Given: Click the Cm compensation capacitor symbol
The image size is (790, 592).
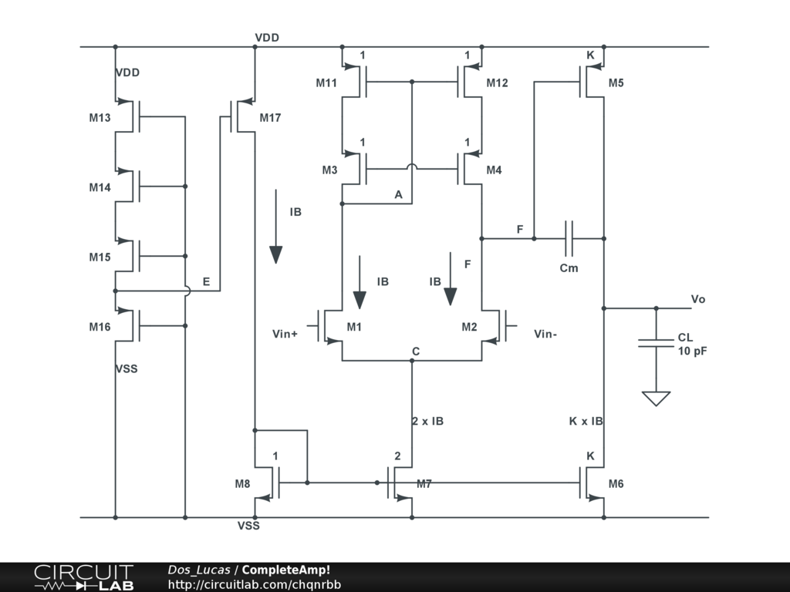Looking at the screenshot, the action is tap(569, 239).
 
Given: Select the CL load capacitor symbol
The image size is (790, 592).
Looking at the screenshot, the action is tap(656, 343).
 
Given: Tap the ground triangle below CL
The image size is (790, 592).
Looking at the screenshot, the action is tap(656, 399).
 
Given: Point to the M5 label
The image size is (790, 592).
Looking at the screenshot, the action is tap(616, 83).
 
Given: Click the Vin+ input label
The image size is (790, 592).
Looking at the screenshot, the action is tap(285, 334).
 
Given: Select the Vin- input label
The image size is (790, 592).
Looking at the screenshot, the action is tap(545, 334).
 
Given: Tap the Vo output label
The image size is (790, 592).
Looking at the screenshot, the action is tap(697, 299).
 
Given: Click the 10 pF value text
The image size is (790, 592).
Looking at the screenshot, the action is tap(692, 351).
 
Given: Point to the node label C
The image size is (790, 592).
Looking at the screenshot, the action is tap(416, 351).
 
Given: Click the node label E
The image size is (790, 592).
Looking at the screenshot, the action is tap(206, 282).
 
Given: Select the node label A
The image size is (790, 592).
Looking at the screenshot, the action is tap(399, 195).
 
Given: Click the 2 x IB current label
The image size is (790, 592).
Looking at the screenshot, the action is tap(427, 422).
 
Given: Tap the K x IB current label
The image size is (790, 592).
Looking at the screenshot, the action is tap(586, 422).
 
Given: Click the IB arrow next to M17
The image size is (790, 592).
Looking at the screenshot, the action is tap(275, 227).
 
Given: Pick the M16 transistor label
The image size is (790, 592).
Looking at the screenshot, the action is tap(100, 327).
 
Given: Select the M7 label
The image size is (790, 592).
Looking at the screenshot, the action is tap(424, 484).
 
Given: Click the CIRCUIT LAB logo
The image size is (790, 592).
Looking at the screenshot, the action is tap(84, 577).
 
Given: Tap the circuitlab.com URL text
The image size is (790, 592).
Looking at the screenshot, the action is tap(255, 584).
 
